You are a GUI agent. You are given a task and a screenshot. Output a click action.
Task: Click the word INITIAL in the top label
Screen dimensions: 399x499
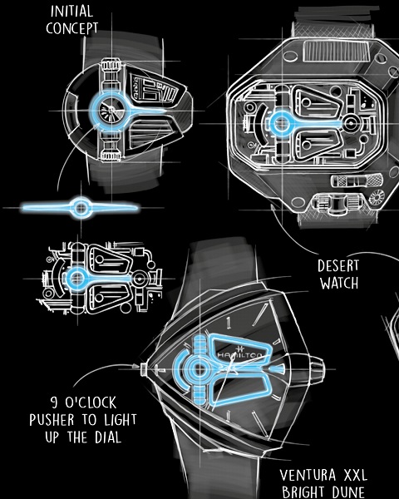pos(72,12)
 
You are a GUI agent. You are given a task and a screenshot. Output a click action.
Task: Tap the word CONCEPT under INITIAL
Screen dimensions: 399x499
pos(72,28)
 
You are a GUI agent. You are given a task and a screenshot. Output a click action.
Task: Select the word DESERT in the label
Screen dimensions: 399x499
pos(338,266)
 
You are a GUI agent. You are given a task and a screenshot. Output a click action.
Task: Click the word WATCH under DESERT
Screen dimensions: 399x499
pos(339,283)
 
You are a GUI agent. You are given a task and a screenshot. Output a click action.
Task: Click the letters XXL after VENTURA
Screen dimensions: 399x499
pos(356,476)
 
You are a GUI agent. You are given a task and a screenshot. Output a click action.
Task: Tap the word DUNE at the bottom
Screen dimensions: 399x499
pos(348,492)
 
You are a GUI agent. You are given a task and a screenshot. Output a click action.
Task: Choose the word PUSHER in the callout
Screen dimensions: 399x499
pos(52,420)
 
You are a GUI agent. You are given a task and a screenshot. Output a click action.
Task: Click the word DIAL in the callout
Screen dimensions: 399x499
pos(108,437)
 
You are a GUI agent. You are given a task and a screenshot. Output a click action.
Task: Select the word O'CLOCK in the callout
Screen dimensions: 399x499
pos(91,403)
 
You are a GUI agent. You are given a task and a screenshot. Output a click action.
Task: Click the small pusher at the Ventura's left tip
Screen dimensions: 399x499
pos(144,368)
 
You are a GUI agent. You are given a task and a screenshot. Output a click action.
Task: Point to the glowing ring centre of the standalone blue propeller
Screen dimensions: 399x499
pos(81,208)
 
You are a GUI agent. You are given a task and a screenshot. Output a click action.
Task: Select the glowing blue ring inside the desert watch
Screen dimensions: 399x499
pos(281,123)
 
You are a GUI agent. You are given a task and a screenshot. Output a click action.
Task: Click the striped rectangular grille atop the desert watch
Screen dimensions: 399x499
pos(337,51)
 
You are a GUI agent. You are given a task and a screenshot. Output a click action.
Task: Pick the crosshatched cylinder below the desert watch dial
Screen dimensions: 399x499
pos(356,180)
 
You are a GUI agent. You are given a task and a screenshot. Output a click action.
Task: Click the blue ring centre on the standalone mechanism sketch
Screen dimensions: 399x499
pos(77,279)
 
